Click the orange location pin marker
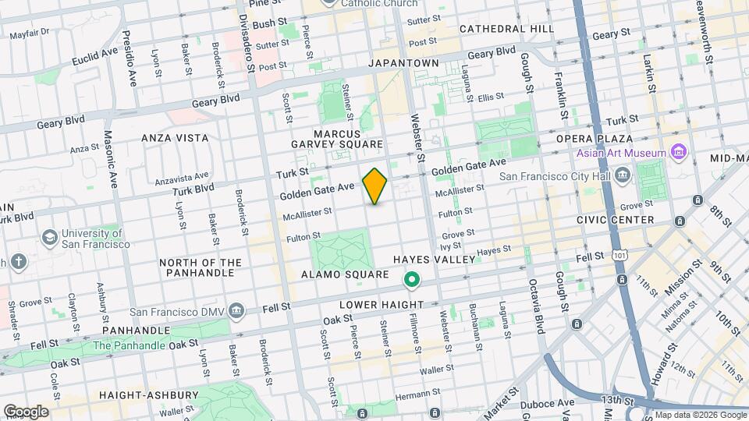374,186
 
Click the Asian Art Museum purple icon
677,153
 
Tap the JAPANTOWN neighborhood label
403,63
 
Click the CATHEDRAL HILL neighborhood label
506,29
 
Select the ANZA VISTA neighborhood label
175,138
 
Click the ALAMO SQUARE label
345,274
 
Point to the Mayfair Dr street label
30,33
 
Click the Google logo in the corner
26,412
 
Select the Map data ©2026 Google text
699,415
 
